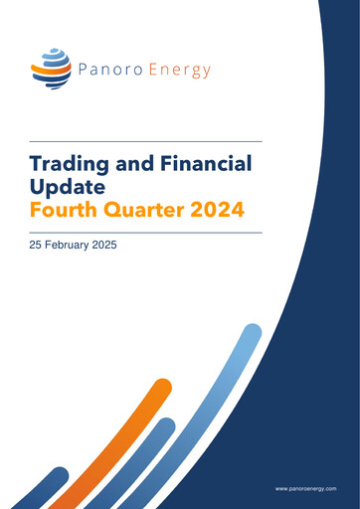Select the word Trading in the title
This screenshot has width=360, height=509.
coord(73,164)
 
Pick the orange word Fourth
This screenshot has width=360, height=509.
coord(66,211)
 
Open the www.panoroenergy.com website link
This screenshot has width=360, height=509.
coord(306,489)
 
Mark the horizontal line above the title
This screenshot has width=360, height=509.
coord(145,141)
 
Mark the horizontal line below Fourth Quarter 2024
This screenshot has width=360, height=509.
coord(145,232)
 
